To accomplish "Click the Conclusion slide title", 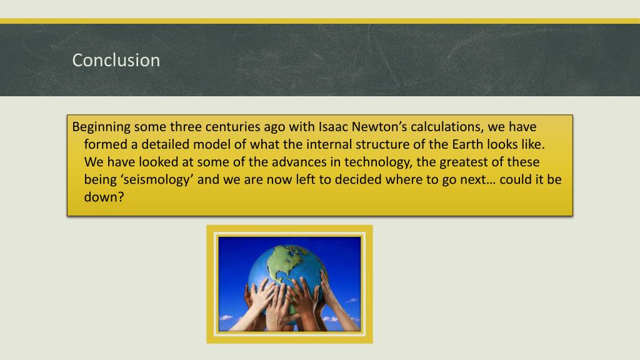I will [x=116, y=61].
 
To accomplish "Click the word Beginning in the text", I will [x=102, y=127].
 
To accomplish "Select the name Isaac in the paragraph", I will [x=334, y=127].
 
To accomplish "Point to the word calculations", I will [x=447, y=127].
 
